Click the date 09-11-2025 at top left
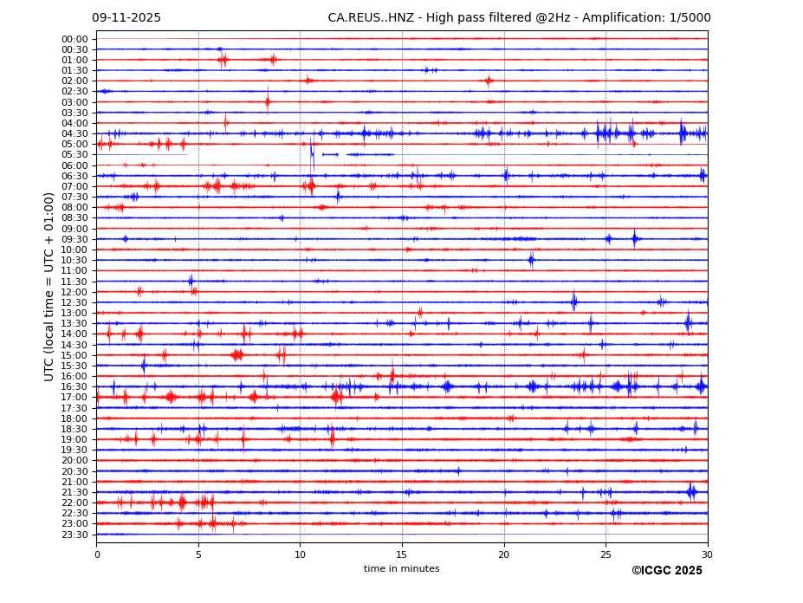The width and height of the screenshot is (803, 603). [x=126, y=18]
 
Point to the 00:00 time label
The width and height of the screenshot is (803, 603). [x=74, y=39]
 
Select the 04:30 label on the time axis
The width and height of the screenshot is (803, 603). [x=74, y=133]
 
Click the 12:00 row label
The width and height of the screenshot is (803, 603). [x=74, y=292]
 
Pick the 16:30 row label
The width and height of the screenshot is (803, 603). [x=74, y=386]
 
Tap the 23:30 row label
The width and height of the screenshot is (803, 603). [x=74, y=535]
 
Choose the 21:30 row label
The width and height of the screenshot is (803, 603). [x=74, y=492]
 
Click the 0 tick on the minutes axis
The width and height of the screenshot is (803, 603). [x=97, y=554]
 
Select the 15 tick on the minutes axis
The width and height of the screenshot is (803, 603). [x=402, y=554]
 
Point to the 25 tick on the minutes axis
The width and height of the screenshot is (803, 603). [x=605, y=554]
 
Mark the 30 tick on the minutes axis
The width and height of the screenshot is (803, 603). [x=708, y=554]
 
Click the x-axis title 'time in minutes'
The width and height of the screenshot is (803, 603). [x=402, y=569]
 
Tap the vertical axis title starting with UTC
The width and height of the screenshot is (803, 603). [x=50, y=287]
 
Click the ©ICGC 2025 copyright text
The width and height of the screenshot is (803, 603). [x=667, y=571]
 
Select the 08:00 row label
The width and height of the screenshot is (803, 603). [x=74, y=207]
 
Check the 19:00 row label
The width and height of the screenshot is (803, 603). [x=74, y=439]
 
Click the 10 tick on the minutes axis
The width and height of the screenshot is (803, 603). [x=300, y=554]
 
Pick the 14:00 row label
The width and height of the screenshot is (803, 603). [x=74, y=334]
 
